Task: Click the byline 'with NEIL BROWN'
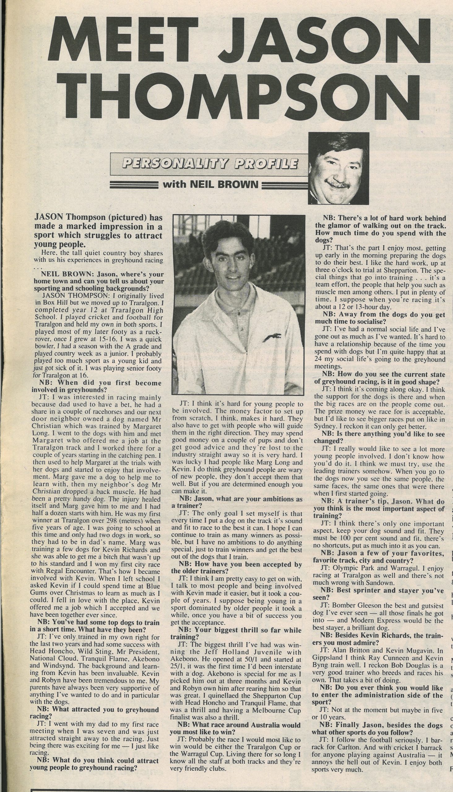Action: [210, 185]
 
